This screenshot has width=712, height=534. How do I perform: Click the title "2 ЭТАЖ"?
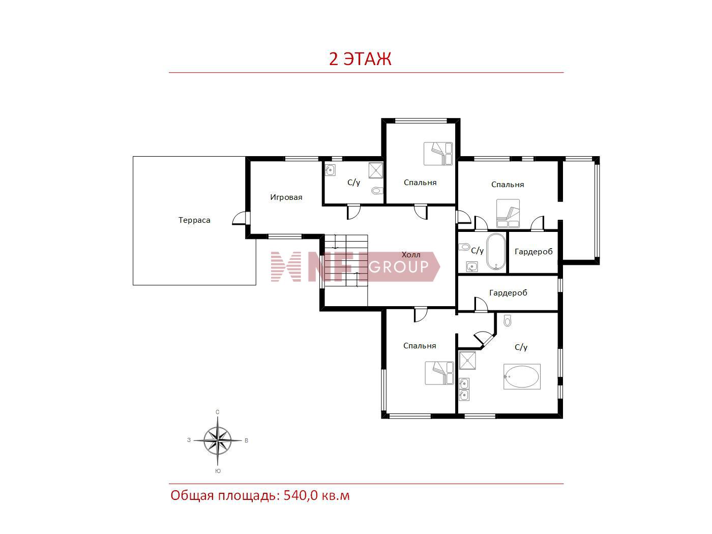[360, 59]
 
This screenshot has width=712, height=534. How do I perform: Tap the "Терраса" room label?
[194, 220]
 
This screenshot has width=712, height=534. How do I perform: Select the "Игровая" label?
[286, 197]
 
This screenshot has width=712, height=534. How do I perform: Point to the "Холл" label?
[410, 255]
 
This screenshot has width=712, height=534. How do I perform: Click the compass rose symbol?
[218, 440]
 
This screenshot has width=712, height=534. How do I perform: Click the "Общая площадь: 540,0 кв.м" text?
[260, 495]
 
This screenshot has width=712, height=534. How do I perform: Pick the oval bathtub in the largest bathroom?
[522, 376]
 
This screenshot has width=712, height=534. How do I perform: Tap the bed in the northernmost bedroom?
[438, 154]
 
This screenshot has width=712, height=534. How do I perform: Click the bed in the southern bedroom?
[439, 373]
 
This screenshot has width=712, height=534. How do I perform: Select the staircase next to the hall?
[346, 270]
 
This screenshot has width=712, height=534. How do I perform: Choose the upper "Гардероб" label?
[533, 252]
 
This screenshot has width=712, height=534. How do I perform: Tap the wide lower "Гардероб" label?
[508, 293]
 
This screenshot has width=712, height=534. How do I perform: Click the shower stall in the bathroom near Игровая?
[376, 170]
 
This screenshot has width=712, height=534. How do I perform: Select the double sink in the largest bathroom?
[464, 390]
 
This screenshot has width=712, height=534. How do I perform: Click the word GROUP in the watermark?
[398, 266]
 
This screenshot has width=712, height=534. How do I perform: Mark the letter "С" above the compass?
[217, 412]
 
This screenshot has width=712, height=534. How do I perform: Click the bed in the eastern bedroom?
[508, 213]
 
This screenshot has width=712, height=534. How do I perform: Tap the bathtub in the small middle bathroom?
[496, 252]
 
